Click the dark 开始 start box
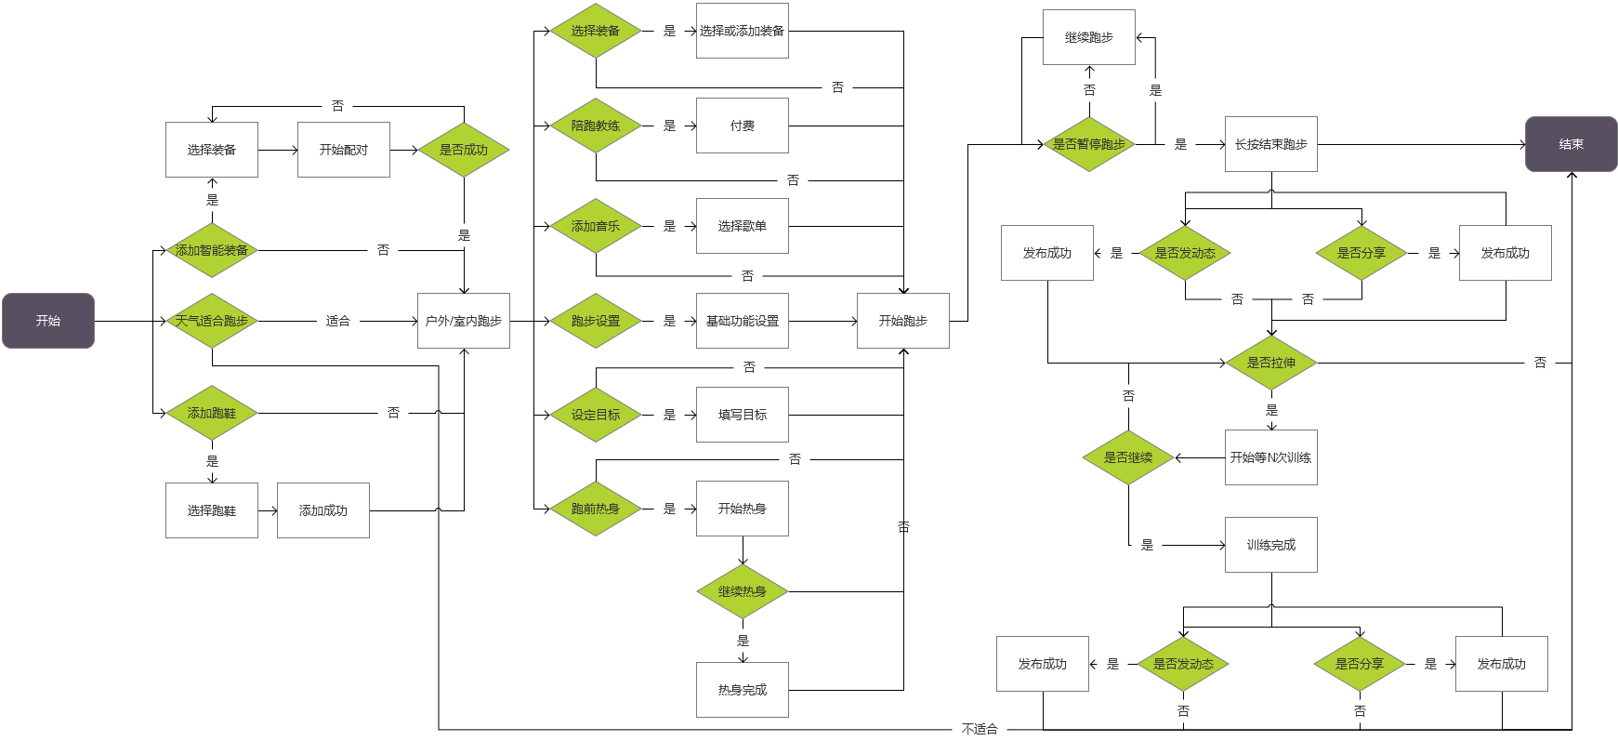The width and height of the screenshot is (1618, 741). (48, 321)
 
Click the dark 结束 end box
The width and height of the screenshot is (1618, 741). (1571, 144)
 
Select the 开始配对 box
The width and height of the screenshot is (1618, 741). (343, 150)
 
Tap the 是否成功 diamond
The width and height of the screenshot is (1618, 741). (463, 150)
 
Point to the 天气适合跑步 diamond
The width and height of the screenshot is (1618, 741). (212, 321)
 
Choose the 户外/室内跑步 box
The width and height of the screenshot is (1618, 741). (463, 321)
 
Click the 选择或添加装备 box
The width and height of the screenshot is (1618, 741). (742, 31)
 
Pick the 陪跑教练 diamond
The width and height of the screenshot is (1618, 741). (596, 126)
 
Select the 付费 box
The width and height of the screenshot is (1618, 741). (742, 126)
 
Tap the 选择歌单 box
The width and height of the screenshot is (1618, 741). (742, 226)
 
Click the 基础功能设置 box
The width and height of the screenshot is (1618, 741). (742, 321)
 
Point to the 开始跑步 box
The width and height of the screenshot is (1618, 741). (902, 321)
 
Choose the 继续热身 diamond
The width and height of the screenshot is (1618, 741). (742, 591)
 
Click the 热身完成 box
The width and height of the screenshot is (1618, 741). (742, 690)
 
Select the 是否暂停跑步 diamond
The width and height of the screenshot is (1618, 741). (1088, 144)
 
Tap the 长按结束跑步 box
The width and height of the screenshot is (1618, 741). (1270, 144)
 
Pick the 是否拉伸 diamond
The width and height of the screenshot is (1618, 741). (1270, 363)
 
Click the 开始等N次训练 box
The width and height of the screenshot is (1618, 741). (1270, 457)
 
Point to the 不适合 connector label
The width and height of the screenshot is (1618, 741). (980, 729)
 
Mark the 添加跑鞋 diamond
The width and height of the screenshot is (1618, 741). (212, 413)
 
